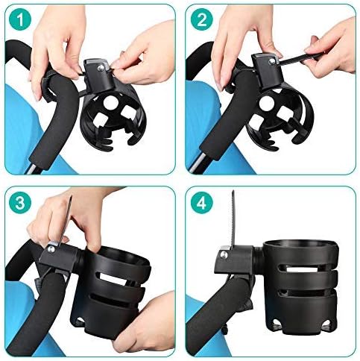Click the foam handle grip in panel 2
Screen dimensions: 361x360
(x=224, y=119)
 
